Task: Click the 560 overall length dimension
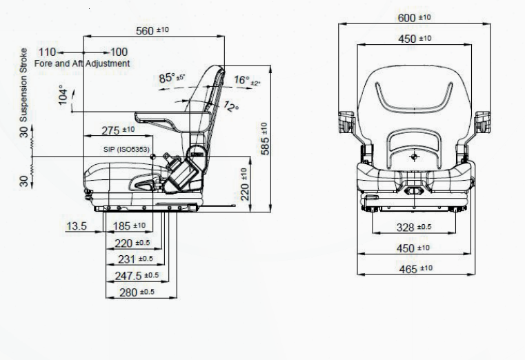click(x=152, y=30)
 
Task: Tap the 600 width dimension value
click(x=414, y=17)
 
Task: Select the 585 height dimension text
click(x=265, y=139)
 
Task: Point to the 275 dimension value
click(x=118, y=130)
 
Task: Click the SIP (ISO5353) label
click(x=126, y=150)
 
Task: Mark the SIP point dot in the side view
click(x=153, y=157)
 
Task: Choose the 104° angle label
click(x=63, y=95)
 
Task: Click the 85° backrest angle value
click(x=172, y=78)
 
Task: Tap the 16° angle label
click(x=247, y=80)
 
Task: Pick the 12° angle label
click(x=231, y=106)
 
